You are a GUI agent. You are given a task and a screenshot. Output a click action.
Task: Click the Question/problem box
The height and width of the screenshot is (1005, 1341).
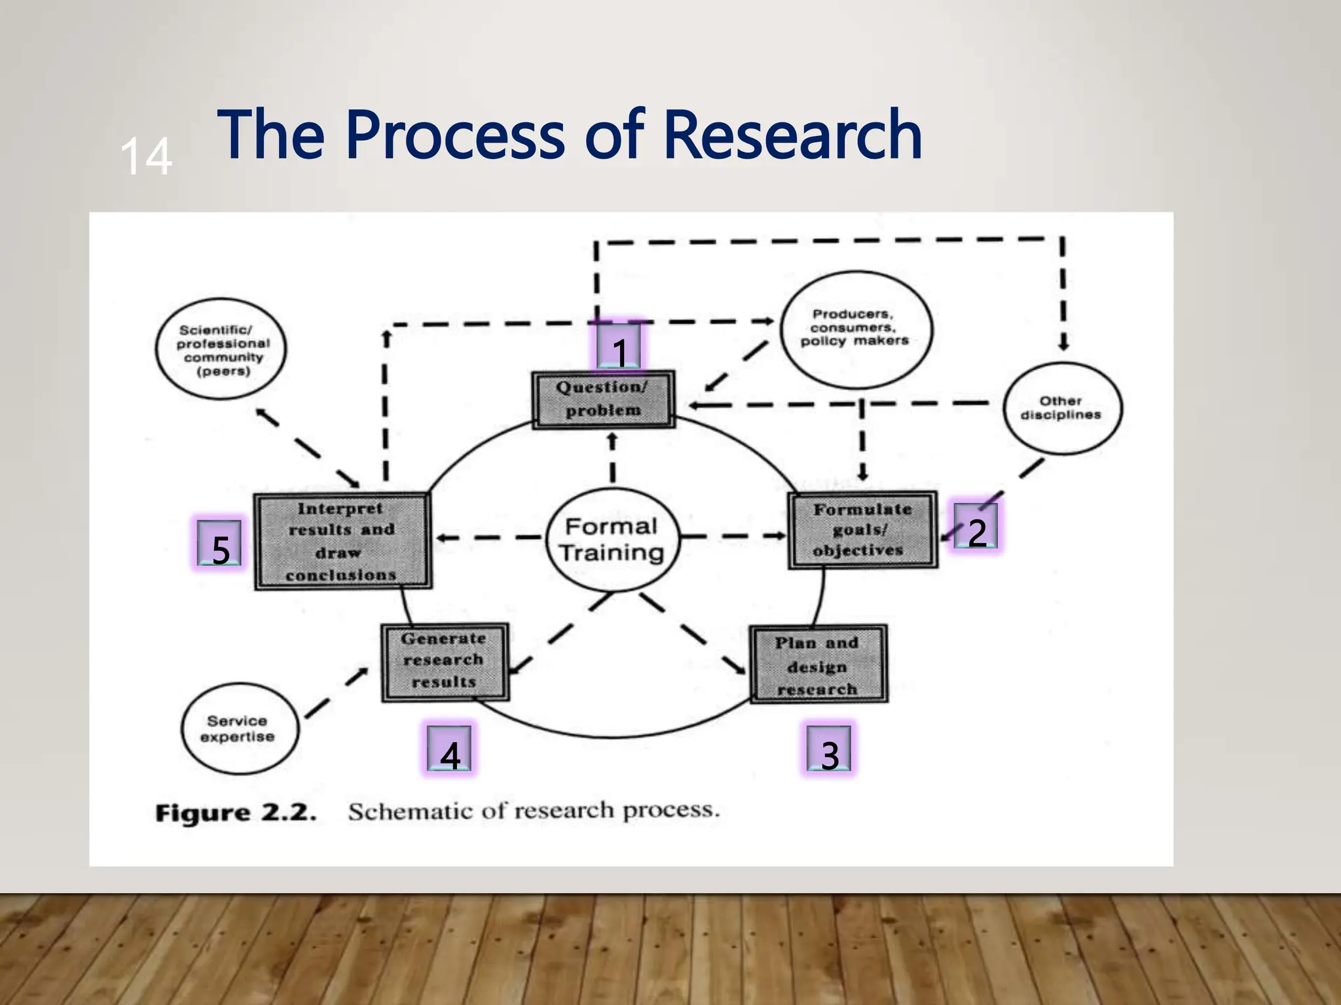(x=603, y=399)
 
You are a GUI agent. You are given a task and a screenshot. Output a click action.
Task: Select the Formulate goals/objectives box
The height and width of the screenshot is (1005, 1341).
(x=862, y=530)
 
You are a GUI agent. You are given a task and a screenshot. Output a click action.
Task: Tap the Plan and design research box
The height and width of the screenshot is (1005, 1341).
(x=818, y=665)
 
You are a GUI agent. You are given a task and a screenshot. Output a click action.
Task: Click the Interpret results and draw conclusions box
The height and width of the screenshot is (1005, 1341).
(x=342, y=542)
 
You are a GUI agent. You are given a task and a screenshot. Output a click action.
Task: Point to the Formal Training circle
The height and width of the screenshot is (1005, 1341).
(x=612, y=540)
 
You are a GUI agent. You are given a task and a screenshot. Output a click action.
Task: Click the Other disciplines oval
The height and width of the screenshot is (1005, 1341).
(x=1061, y=408)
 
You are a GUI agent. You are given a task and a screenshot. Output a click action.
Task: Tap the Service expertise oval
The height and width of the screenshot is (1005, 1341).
(x=239, y=728)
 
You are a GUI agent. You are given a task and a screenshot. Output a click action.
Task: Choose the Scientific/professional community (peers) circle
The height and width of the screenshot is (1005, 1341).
(x=221, y=349)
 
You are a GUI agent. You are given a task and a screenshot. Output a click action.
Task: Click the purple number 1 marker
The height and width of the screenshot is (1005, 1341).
(x=619, y=347)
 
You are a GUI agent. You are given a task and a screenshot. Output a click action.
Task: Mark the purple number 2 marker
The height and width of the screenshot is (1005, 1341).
(x=976, y=528)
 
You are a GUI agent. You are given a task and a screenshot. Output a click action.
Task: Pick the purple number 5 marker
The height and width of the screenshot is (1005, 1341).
(x=220, y=544)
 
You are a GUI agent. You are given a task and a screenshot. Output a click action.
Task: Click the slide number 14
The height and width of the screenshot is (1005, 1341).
(x=146, y=156)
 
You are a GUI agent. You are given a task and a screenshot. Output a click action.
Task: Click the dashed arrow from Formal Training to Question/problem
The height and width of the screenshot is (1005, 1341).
(x=612, y=460)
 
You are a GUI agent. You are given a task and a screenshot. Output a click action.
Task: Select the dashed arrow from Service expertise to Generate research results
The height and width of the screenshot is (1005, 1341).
(x=337, y=694)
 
